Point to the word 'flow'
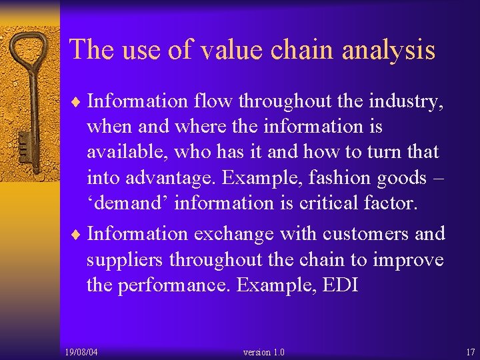pos(213,101)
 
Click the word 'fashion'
pos(347,178)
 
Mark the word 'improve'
pos(407,260)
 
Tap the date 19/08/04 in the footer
pos(82,351)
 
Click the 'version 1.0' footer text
pos(263,351)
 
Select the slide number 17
pos(470,351)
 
